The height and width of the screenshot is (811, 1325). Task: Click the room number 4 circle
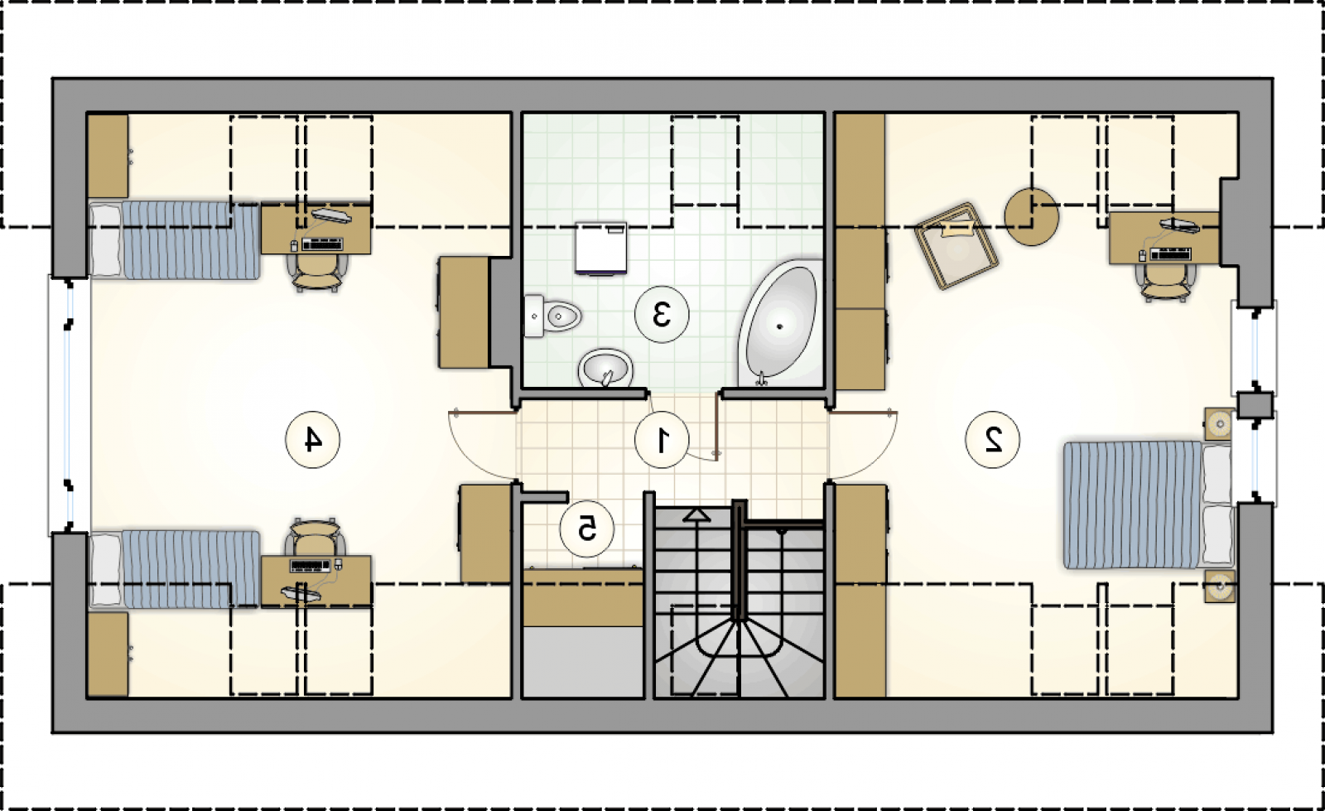[x=312, y=440]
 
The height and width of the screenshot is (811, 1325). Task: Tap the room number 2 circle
[x=993, y=440]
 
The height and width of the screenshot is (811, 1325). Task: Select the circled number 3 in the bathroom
[x=662, y=314]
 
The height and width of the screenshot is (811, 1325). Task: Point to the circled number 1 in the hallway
[x=662, y=440]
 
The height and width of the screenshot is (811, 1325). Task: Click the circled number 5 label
[x=587, y=529]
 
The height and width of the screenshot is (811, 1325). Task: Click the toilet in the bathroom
[x=552, y=316]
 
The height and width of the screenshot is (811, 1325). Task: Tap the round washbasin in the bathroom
[x=605, y=367]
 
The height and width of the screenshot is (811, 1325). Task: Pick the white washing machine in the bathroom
[x=601, y=248]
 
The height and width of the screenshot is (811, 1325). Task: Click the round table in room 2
[x=1032, y=216]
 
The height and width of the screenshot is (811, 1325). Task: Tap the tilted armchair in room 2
[x=956, y=245]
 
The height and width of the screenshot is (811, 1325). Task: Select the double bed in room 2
[x=1148, y=504]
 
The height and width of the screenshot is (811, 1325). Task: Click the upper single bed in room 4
[x=175, y=239]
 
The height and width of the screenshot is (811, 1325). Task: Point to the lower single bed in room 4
[x=175, y=569]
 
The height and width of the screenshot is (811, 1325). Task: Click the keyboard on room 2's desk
[x=1171, y=254]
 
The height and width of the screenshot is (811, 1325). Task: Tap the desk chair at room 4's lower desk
[x=316, y=538]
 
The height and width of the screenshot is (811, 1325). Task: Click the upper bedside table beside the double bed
[x=1219, y=423]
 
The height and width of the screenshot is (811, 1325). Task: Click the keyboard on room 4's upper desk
[x=322, y=244]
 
